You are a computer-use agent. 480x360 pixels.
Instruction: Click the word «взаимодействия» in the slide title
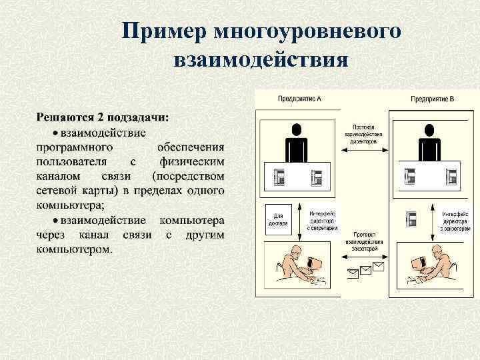261,61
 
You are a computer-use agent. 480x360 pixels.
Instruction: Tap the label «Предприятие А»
299,99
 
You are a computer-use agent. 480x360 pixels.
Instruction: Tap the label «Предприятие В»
432,99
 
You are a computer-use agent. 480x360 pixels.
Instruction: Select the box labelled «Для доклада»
279,221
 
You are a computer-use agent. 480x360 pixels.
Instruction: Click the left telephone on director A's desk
280,177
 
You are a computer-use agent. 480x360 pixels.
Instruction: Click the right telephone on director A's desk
317,177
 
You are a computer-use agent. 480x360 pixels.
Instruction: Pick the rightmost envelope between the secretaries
379,267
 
